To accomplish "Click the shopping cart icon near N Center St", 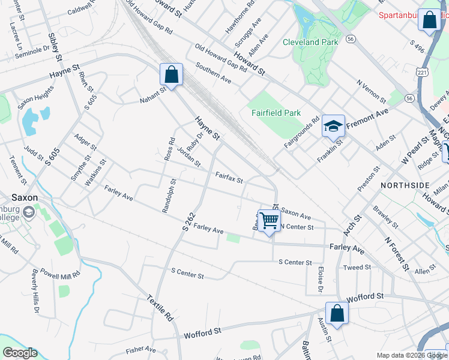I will click(x=269, y=221).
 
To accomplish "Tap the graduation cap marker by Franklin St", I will click(x=333, y=126).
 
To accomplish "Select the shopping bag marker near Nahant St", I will click(x=171, y=75).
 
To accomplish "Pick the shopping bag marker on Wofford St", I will click(x=337, y=313).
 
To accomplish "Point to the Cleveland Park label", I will click(x=310, y=42).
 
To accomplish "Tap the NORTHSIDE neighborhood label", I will click(x=405, y=185).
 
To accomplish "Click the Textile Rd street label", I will click(x=160, y=308).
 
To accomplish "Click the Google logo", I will click(x=19, y=353).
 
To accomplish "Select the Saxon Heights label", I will click(x=35, y=97).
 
